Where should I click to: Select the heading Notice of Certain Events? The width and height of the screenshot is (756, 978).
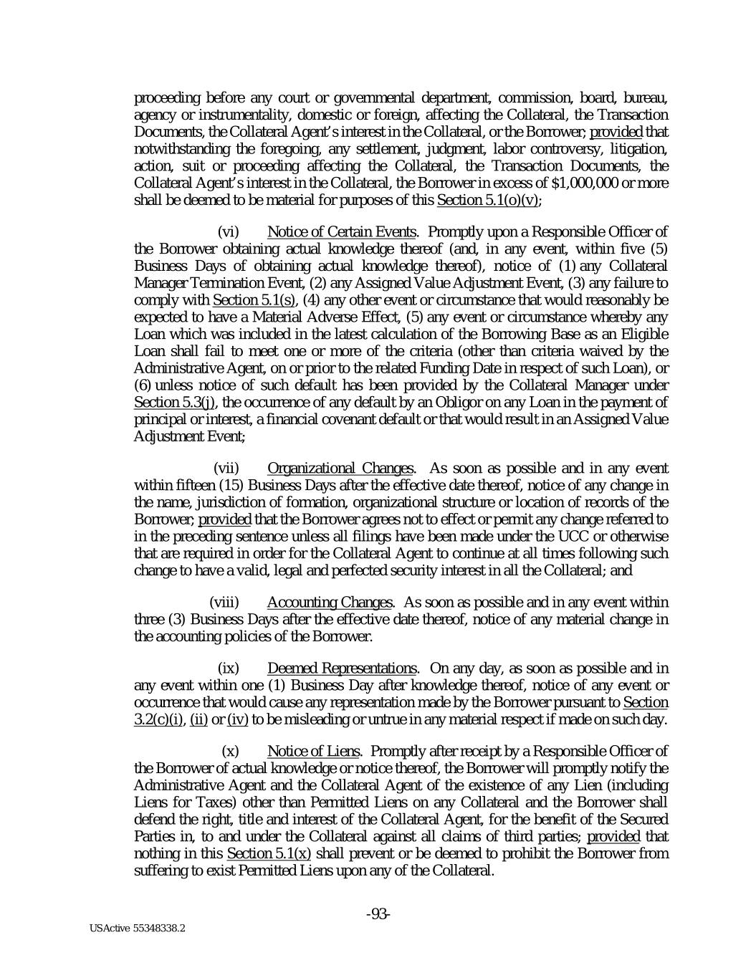click(341, 231)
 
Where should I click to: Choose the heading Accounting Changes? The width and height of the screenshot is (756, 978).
click(330, 602)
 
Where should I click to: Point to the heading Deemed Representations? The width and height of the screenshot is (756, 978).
click(342, 669)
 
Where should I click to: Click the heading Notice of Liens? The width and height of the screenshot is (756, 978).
click(313, 751)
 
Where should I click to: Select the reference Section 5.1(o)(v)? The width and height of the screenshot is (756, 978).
click(487, 199)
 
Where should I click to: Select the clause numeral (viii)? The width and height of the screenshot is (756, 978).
click(224, 602)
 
